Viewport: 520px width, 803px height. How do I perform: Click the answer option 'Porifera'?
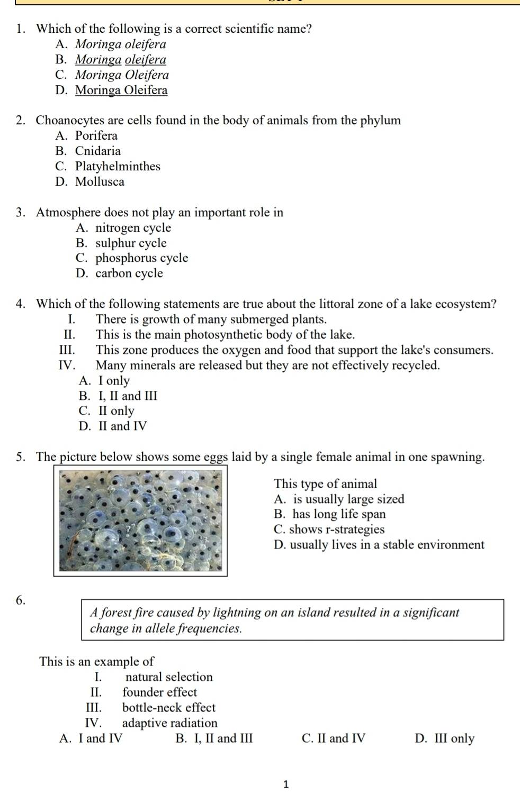pos(96,136)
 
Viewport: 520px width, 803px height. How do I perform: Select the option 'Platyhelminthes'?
pos(117,167)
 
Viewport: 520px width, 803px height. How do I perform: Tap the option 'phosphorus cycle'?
pos(141,258)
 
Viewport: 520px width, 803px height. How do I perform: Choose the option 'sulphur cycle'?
pos(131,243)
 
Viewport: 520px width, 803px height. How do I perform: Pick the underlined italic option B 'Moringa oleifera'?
pos(120,60)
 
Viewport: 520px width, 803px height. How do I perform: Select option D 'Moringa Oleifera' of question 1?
pos(121,90)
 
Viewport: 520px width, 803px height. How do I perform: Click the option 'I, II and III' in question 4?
pos(128,396)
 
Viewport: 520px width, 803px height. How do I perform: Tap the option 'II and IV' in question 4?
pos(122,426)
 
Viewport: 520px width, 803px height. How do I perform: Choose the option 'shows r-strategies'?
pos(336,530)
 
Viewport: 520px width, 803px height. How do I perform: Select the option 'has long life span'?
pos(339,514)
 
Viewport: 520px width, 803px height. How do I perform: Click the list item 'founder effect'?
pos(159,692)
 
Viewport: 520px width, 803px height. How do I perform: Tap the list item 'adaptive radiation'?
pos(169,723)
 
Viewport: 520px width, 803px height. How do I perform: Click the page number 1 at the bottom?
pos(286,784)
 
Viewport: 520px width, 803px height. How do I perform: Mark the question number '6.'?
pos(21,600)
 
